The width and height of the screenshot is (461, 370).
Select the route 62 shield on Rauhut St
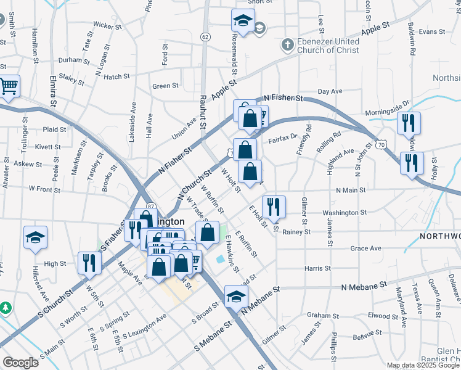tap(205, 37)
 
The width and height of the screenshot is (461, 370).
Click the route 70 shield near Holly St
tap(382, 144)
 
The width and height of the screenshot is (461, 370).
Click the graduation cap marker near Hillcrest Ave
tap(36, 237)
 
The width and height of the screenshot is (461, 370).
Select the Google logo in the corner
tap(20, 363)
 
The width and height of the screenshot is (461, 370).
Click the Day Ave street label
tap(330, 91)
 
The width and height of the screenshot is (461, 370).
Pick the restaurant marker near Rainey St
tap(274, 207)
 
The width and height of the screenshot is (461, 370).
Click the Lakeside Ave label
tap(133, 122)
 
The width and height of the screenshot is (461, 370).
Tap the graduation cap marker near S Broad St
tap(235, 297)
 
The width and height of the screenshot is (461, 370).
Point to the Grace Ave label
tap(365, 249)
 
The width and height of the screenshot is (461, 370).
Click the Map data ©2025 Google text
tap(423, 365)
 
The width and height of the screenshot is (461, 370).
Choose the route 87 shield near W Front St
tap(151, 205)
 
